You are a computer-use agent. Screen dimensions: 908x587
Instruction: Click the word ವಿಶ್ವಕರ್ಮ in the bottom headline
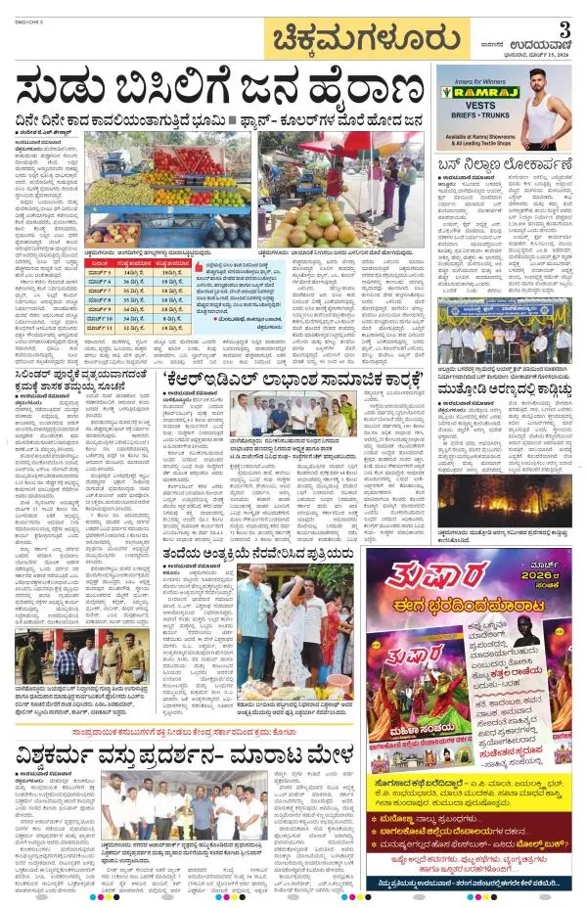pos(59,754)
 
